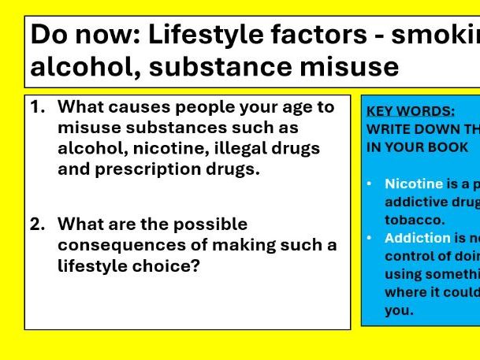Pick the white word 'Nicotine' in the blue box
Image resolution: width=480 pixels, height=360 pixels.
pos(414,184)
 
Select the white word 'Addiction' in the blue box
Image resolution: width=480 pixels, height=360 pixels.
pos(416,238)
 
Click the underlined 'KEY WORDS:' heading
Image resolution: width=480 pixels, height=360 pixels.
pos(411,111)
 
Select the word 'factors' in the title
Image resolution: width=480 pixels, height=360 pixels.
pos(332,36)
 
